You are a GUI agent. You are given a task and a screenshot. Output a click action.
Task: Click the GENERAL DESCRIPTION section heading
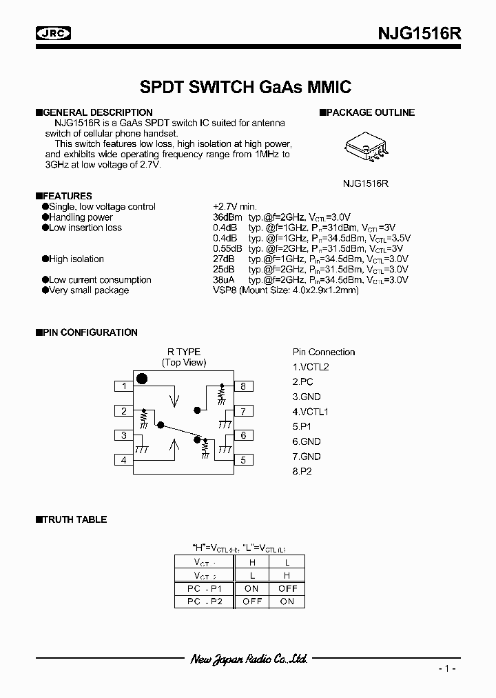click(97, 112)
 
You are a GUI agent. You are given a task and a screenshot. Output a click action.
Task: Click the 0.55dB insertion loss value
click(227, 248)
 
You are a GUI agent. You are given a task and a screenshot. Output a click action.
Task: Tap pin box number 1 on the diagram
click(124, 386)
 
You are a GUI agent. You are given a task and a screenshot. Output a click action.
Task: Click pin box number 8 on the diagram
click(243, 386)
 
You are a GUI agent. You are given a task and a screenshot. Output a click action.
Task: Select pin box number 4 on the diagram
click(124, 459)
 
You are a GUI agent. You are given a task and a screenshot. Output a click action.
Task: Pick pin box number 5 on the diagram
click(243, 459)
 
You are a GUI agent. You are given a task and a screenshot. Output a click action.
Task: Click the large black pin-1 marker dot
click(143, 378)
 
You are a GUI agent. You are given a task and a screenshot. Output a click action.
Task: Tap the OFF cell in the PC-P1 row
click(287, 588)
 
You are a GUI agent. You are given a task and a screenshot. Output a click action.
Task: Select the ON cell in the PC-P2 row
click(287, 601)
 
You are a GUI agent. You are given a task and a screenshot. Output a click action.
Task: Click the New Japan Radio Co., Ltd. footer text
click(249, 659)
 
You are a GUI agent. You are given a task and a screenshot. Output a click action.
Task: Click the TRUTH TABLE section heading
click(75, 519)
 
